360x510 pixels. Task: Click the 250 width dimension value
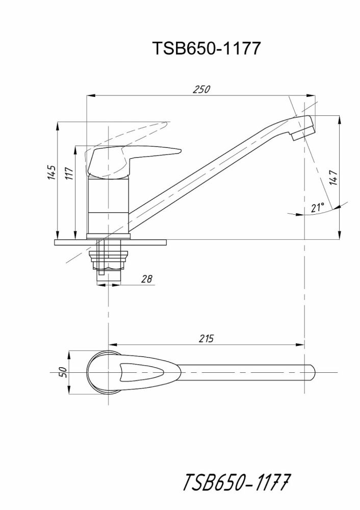pyautogui.click(x=202, y=89)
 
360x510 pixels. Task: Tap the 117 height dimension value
pyautogui.click(x=69, y=174)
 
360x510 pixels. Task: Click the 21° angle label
pyautogui.click(x=318, y=208)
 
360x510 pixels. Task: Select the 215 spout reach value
pyautogui.click(x=207, y=338)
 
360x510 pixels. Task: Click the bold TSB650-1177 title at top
pyautogui.click(x=207, y=48)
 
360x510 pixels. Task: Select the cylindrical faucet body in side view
pyautogui.click(x=108, y=204)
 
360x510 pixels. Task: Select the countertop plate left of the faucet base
pyautogui.click(x=69, y=242)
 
